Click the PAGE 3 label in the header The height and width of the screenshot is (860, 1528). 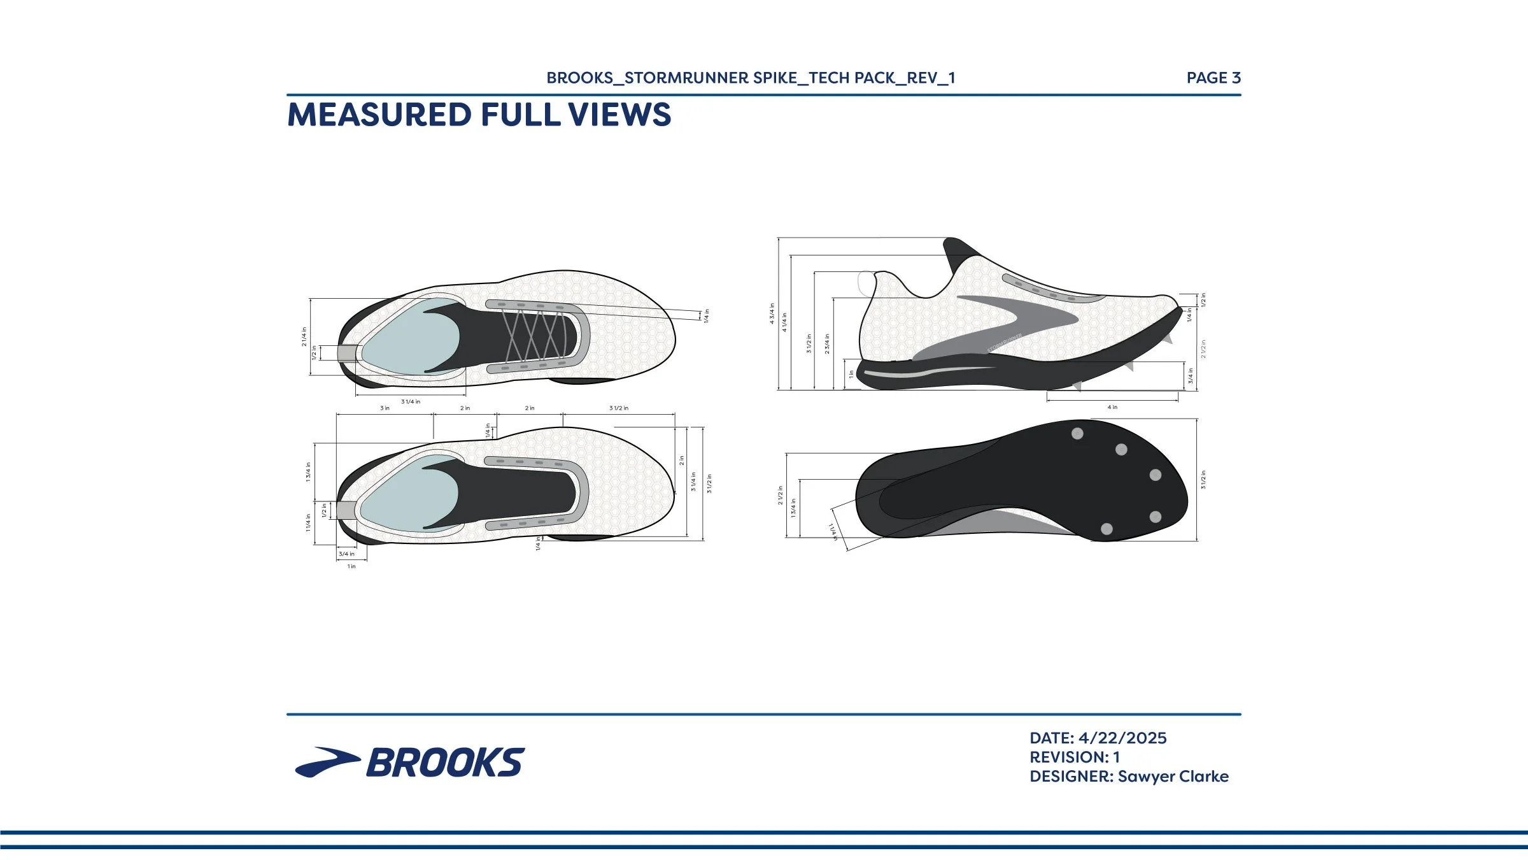1213,78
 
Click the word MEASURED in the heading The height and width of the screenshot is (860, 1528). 379,115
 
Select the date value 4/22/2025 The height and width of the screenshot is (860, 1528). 1122,738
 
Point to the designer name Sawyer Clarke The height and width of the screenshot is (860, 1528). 1173,776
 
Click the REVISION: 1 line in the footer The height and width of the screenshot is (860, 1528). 1074,757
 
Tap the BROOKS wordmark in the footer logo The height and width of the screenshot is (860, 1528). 445,763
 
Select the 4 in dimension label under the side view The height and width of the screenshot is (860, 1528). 1112,407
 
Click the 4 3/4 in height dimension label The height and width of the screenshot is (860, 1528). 772,313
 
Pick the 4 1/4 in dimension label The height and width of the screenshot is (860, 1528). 784,322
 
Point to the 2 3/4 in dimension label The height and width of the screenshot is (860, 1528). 827,344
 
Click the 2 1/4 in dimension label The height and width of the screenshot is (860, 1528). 304,336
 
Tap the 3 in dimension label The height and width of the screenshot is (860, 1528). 385,408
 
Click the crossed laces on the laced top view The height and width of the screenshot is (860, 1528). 534,334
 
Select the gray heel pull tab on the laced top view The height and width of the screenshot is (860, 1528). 347,353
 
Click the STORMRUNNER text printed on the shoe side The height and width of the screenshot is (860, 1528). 1004,343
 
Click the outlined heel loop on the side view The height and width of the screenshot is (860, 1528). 866,283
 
